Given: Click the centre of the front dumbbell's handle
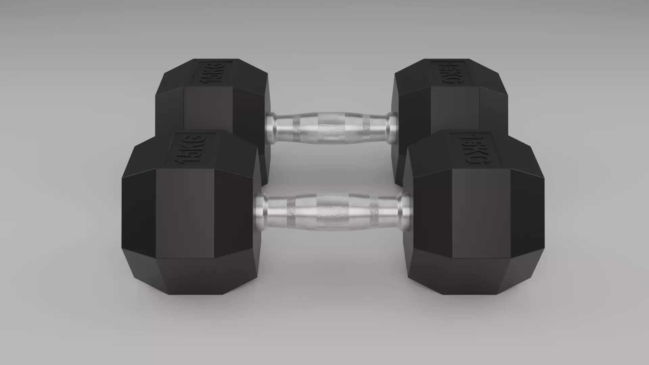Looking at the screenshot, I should pyautogui.click(x=333, y=212).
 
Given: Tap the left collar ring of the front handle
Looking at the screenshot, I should pyautogui.click(x=261, y=212).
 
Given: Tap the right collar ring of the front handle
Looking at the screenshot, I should pyautogui.click(x=404, y=212).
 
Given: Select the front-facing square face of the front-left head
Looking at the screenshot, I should pyautogui.click(x=185, y=213).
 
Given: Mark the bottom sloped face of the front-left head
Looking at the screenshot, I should pyautogui.click(x=189, y=275).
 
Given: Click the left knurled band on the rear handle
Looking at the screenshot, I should pyautogui.click(x=296, y=128).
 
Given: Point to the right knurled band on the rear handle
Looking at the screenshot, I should pyautogui.click(x=366, y=128).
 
